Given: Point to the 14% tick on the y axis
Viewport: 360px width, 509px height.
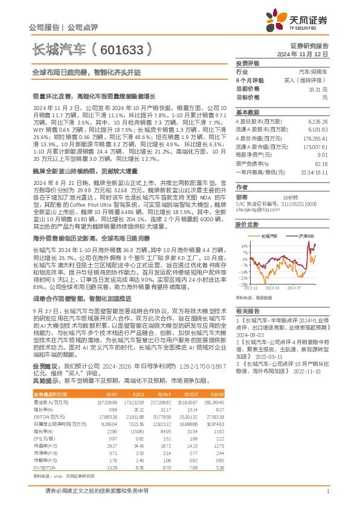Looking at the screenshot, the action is coord(243,246).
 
